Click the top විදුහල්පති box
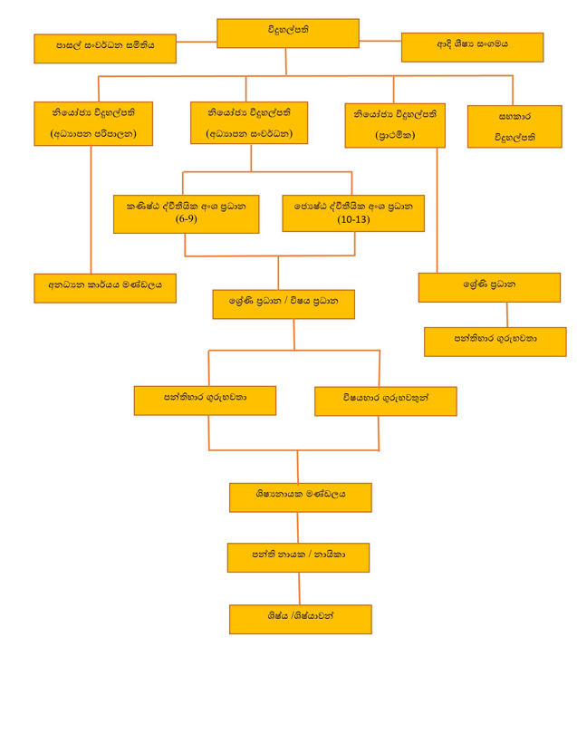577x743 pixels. click(x=287, y=33)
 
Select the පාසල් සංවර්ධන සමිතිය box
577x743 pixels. click(x=105, y=48)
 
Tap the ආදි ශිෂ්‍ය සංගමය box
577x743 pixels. click(x=472, y=47)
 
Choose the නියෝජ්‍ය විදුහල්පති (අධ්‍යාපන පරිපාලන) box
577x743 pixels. click(x=93, y=123)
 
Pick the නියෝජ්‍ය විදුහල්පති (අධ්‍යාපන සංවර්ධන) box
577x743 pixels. click(x=249, y=122)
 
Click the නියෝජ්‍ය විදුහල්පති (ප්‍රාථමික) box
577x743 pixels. click(x=395, y=125)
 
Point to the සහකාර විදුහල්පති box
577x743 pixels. click(x=514, y=126)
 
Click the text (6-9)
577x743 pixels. click(x=186, y=219)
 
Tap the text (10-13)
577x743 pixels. click(x=353, y=219)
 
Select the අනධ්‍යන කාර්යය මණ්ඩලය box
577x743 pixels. click(x=105, y=287)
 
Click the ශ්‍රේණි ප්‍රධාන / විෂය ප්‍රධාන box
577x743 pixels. click(x=284, y=304)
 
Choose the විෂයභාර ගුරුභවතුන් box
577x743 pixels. click(x=386, y=400)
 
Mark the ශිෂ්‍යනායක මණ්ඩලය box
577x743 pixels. click(x=300, y=497)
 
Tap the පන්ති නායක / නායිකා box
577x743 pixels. click(x=298, y=557)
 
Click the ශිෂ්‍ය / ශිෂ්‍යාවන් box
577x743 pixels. click(x=300, y=619)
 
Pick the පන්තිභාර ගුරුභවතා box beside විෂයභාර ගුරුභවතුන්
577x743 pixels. click(x=205, y=400)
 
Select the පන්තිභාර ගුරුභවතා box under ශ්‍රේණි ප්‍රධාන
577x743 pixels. click(x=495, y=341)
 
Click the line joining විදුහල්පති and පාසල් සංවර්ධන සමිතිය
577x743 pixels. click(x=197, y=42)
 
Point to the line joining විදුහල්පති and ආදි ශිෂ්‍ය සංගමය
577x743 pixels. click(x=380, y=42)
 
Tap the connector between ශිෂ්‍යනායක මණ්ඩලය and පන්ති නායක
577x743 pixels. click(x=298, y=527)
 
